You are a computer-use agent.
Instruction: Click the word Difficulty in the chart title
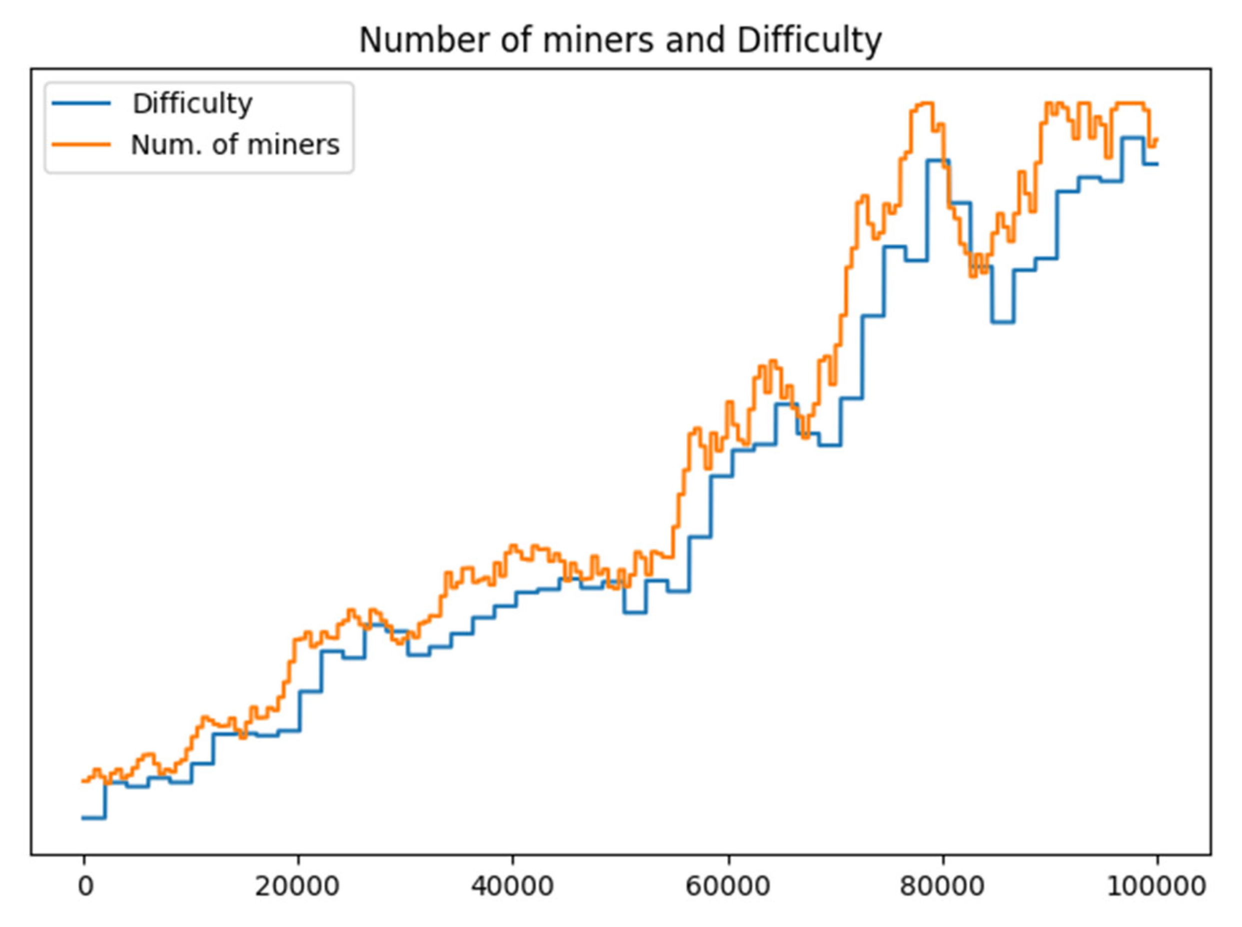coord(808,40)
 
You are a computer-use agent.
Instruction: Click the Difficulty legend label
coord(192,104)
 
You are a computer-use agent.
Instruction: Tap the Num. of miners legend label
coord(234,145)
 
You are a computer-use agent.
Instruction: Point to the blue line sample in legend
coord(81,103)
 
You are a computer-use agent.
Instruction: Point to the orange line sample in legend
coord(81,144)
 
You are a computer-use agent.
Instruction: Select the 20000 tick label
coord(297,887)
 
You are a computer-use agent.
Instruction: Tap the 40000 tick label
coord(512,887)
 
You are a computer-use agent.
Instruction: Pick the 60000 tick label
coord(727,887)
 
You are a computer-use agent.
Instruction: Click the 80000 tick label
coord(942,887)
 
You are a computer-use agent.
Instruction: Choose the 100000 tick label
coord(1156,887)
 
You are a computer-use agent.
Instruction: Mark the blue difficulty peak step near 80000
coord(937,160)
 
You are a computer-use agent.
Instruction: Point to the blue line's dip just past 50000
coord(634,613)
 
